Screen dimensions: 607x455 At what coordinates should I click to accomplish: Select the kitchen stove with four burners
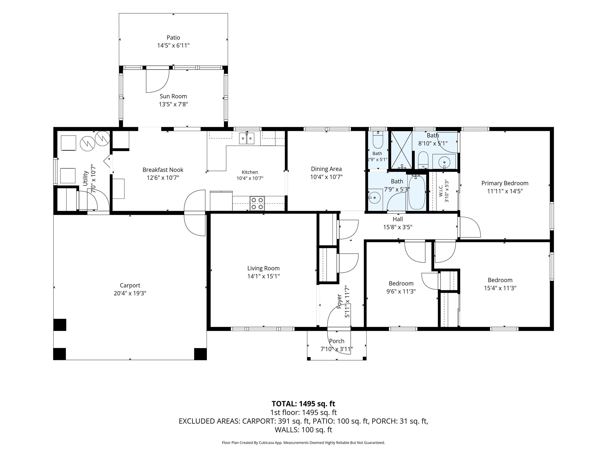[257, 203]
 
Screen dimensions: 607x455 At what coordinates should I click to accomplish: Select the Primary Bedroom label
[505, 183]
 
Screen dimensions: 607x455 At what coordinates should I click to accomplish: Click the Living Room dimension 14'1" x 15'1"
[263, 276]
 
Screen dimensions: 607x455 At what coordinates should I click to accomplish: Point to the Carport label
[130, 286]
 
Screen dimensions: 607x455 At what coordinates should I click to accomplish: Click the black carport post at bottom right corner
[200, 354]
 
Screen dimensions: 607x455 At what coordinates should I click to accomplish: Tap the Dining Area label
[326, 169]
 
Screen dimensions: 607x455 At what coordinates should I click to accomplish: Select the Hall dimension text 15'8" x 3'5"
[398, 227]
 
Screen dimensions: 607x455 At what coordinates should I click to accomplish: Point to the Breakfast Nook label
[163, 170]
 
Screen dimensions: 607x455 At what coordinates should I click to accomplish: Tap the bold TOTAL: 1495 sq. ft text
[303, 404]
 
